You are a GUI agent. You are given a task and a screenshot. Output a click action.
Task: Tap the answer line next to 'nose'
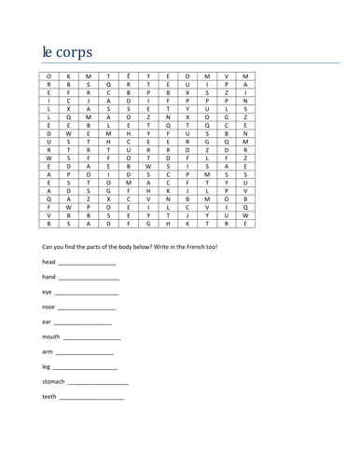[89, 308]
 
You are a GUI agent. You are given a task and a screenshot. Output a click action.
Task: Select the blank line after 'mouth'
[93, 338]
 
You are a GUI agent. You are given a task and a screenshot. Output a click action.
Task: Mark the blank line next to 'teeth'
[90, 398]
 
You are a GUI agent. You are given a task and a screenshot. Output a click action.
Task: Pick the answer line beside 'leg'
[83, 368]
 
